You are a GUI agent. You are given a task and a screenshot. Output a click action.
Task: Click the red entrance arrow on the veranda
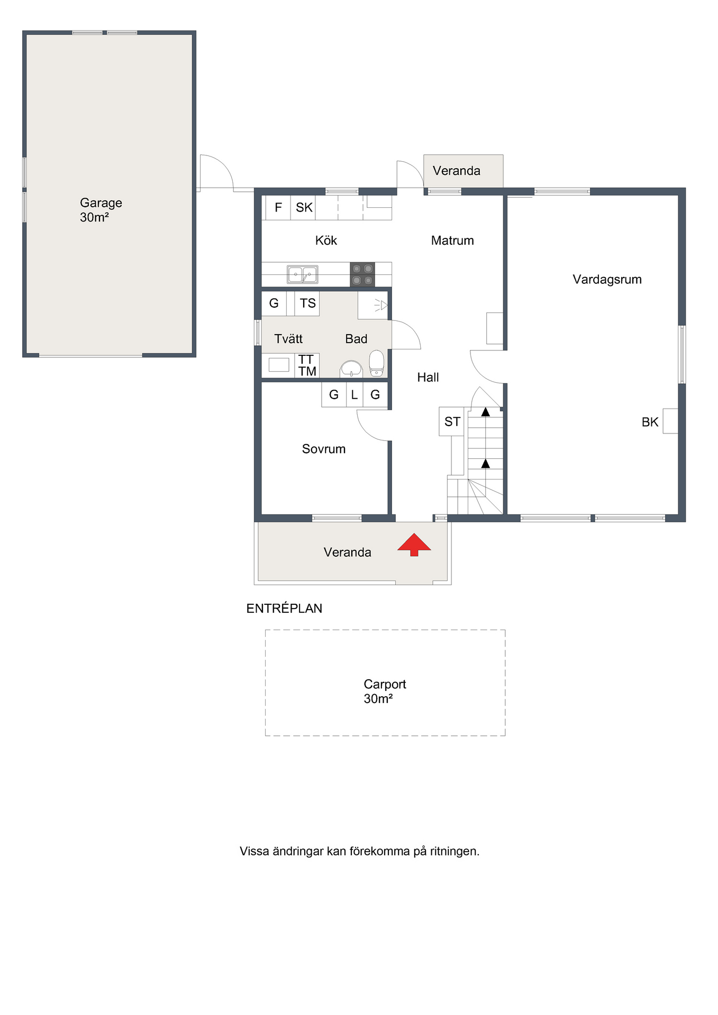click(x=414, y=545)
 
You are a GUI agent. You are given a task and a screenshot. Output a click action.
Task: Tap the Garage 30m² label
click(x=101, y=210)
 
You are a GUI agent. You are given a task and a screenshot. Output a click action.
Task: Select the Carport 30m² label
click(x=385, y=691)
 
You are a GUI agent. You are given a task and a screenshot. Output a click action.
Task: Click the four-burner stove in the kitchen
click(x=362, y=274)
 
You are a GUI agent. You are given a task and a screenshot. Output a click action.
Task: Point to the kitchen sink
click(x=303, y=275)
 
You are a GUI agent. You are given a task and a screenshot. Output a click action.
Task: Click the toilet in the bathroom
click(x=376, y=363)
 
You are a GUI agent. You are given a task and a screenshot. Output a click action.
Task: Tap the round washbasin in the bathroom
click(x=351, y=368)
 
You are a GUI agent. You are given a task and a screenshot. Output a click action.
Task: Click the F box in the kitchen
click(x=278, y=208)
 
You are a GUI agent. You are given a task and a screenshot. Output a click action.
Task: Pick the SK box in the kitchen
click(x=304, y=208)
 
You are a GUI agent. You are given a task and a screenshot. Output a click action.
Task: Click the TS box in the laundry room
click(x=307, y=303)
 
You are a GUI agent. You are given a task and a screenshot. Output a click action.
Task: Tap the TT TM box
click(x=307, y=365)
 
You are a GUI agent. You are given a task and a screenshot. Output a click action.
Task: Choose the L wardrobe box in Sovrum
click(x=355, y=395)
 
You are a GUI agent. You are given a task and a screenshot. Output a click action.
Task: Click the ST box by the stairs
click(x=452, y=421)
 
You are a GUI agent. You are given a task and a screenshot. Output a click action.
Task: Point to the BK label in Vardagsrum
click(x=650, y=422)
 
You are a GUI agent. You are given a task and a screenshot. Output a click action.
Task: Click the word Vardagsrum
click(x=607, y=280)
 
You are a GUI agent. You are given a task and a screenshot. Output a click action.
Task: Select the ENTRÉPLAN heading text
click(x=284, y=608)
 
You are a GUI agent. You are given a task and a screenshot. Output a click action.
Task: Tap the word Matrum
click(x=452, y=241)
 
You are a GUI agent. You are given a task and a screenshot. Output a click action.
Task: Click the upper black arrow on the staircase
click(x=485, y=411)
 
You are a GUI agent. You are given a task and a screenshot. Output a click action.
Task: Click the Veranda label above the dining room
click(x=457, y=171)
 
